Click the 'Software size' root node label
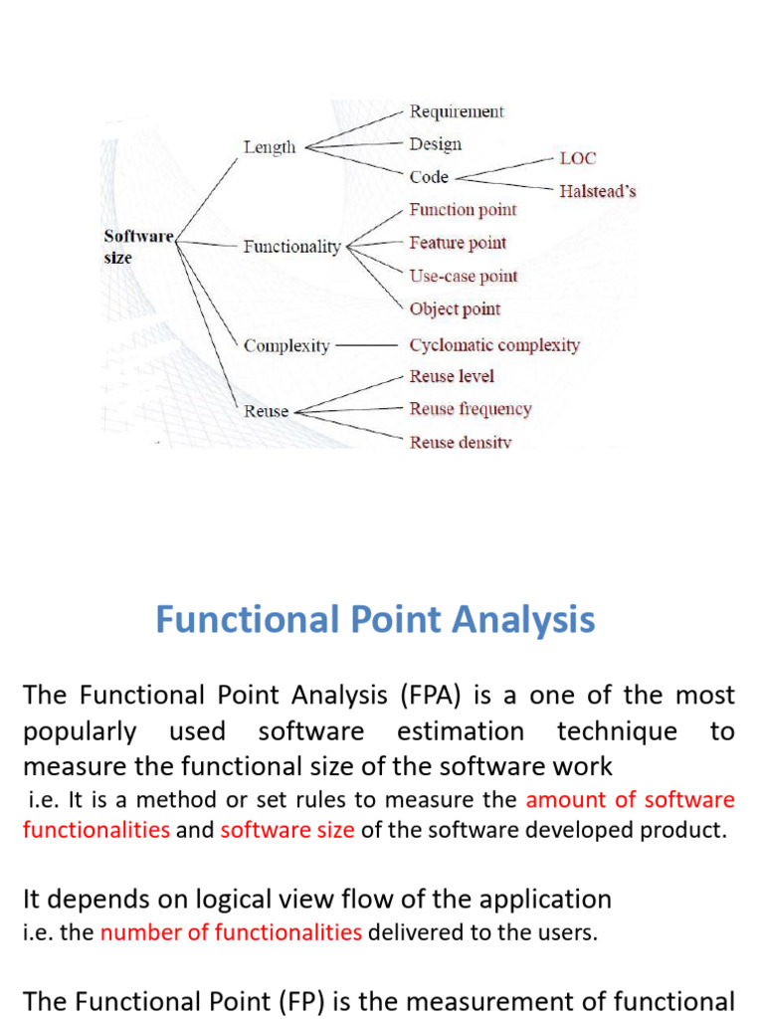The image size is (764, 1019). (x=138, y=247)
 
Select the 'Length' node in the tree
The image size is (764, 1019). (x=270, y=147)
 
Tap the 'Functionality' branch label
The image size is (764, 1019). (x=292, y=247)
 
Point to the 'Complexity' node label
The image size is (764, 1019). (x=287, y=345)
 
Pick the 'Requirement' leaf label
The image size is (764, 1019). (x=457, y=111)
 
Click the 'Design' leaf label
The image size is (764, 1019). (x=436, y=144)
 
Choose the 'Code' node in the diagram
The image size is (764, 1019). (x=429, y=177)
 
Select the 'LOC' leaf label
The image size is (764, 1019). (x=578, y=158)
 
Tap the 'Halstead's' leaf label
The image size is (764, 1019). (x=598, y=191)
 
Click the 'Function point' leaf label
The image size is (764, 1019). (x=463, y=210)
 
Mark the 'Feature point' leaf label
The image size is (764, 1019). (x=458, y=243)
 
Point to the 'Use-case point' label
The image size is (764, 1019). (x=464, y=277)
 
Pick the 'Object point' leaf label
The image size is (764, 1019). (x=455, y=309)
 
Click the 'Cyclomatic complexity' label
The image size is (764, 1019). (x=494, y=345)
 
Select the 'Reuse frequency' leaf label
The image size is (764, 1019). (x=471, y=409)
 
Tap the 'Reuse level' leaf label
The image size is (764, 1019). (x=452, y=376)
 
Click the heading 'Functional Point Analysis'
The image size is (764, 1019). (x=375, y=619)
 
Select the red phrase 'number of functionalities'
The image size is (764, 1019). (x=231, y=932)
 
